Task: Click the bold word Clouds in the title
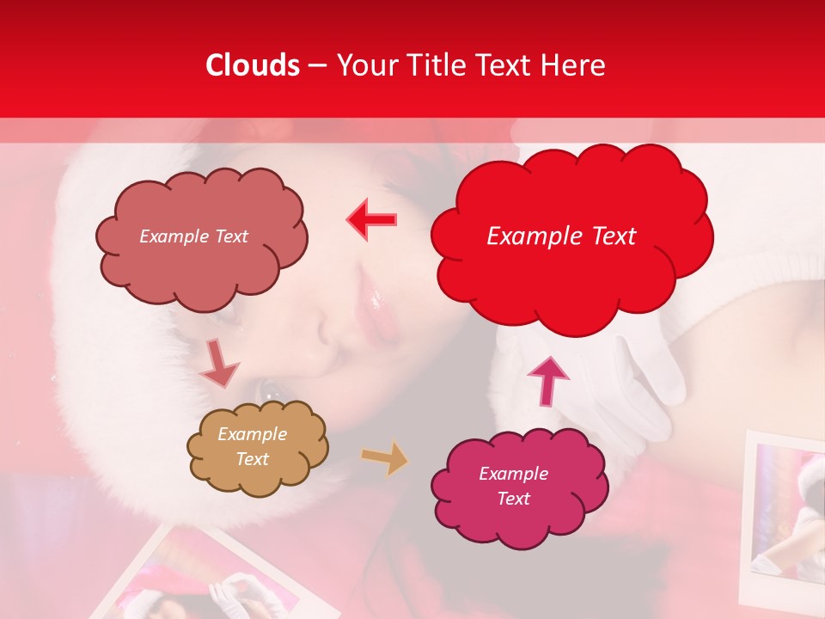[253, 65]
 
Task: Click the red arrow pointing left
[372, 219]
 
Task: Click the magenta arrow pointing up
[547, 381]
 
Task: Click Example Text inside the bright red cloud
[561, 236]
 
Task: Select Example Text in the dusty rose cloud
[193, 236]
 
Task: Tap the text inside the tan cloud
[252, 447]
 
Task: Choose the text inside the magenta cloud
[513, 486]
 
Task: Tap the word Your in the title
[364, 65]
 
